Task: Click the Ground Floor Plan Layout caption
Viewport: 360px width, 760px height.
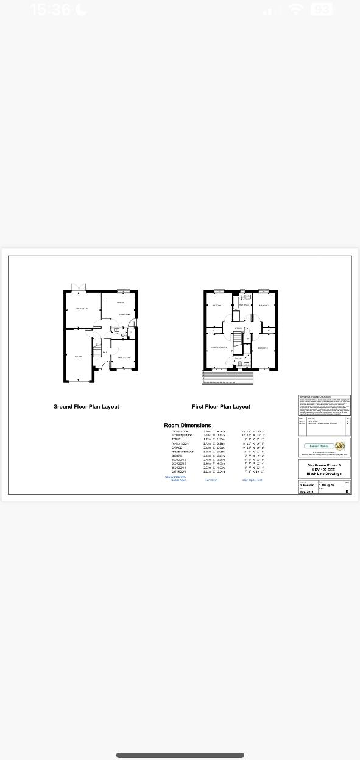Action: click(86, 407)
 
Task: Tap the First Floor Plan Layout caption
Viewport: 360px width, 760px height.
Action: click(221, 407)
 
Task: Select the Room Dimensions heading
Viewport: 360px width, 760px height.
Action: click(188, 425)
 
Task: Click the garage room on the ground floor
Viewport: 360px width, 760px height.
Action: click(78, 357)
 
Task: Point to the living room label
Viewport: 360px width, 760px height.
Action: click(82, 309)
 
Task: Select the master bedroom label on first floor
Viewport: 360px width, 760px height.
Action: click(219, 347)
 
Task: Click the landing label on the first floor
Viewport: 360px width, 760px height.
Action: click(239, 328)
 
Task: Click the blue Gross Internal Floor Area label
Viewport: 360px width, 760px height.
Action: click(175, 478)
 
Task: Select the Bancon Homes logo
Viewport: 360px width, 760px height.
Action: click(325, 446)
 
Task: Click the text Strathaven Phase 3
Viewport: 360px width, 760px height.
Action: click(324, 465)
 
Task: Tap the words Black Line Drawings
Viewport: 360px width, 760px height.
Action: click(324, 474)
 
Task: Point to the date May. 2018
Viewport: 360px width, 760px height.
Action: click(306, 491)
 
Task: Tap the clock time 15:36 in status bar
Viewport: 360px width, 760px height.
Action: click(51, 10)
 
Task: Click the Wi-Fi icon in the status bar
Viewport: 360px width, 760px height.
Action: click(296, 10)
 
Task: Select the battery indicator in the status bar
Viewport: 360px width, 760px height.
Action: click(321, 10)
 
